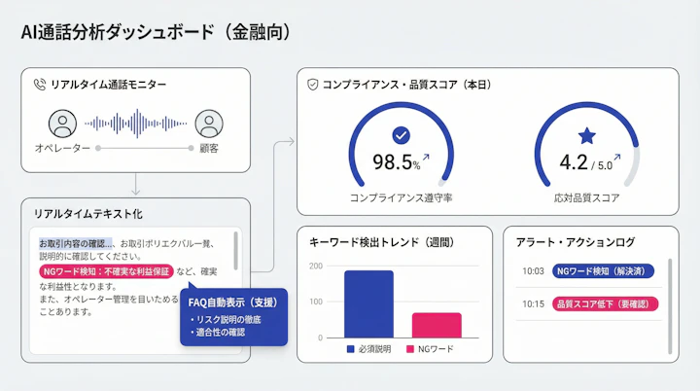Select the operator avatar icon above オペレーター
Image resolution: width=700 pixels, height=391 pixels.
click(x=63, y=124)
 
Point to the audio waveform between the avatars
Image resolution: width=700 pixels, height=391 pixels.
click(x=135, y=124)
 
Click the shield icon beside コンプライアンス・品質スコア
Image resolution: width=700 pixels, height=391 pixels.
click(x=312, y=85)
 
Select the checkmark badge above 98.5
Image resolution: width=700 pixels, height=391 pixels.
click(x=400, y=135)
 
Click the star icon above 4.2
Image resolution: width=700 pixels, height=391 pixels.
click(x=586, y=135)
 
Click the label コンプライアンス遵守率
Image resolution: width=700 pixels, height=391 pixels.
click(x=401, y=197)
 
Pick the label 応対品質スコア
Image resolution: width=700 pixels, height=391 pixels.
click(x=586, y=197)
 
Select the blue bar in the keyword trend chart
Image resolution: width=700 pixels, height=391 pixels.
click(x=368, y=303)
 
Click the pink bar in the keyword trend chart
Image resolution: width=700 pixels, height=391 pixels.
click(x=437, y=325)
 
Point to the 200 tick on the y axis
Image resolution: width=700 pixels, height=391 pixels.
click(x=315, y=266)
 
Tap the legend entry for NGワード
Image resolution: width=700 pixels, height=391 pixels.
click(x=429, y=348)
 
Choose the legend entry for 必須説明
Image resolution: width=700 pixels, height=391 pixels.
click(x=367, y=348)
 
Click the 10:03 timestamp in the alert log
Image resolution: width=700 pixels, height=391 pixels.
click(x=532, y=271)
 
